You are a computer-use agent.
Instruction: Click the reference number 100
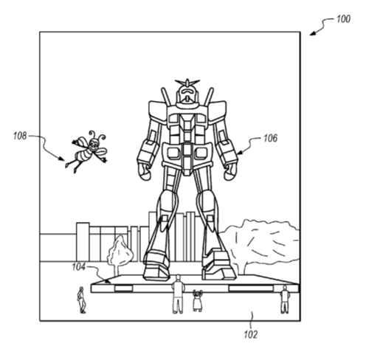(x=343, y=19)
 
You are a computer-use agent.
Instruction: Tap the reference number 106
(x=270, y=139)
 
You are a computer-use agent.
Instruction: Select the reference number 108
(x=20, y=136)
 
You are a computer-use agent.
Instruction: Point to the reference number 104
(x=78, y=267)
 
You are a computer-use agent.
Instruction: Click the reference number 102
(x=251, y=335)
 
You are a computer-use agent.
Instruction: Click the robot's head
(x=187, y=94)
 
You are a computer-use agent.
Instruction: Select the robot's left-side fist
(x=145, y=172)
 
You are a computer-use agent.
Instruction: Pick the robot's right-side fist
(x=230, y=172)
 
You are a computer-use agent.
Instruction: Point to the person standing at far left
(x=81, y=300)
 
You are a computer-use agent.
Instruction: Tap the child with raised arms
(x=197, y=300)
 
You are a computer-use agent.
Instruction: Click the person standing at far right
(x=285, y=300)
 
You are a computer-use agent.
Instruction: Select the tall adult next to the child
(x=178, y=294)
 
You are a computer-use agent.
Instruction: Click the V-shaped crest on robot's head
(x=187, y=83)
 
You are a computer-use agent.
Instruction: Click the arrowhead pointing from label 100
(x=312, y=33)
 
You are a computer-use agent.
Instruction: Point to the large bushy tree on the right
(x=260, y=246)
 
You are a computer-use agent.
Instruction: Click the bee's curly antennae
(x=97, y=135)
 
